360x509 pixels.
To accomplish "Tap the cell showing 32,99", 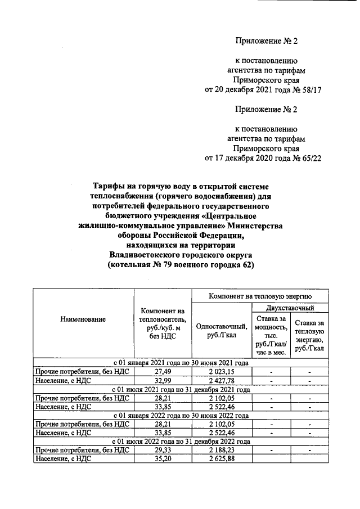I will (x=163, y=381).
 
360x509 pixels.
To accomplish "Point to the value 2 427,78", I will (x=220, y=381).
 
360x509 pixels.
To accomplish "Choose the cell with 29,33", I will (x=163, y=450).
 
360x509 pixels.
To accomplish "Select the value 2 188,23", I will (x=220, y=450).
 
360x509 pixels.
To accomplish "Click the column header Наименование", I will (x=83, y=319).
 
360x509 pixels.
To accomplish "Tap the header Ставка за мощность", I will (x=271, y=335).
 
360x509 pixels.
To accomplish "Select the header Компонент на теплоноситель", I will (x=163, y=323).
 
